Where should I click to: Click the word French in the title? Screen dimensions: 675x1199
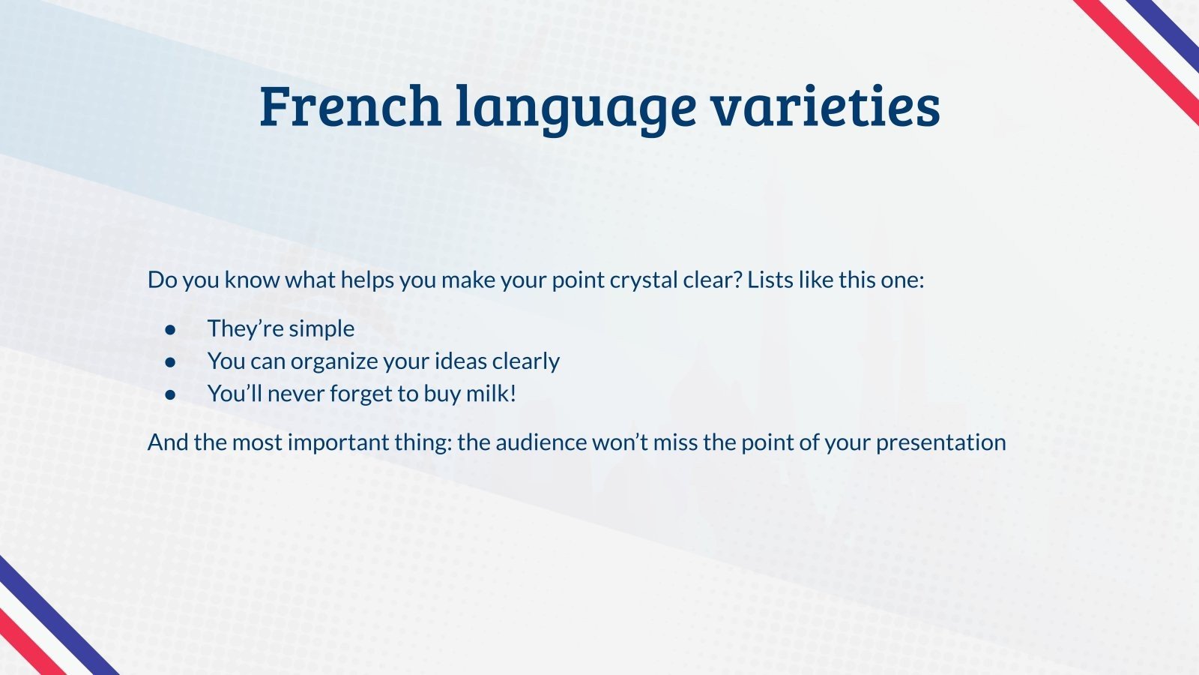point(350,106)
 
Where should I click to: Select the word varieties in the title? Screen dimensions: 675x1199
point(825,106)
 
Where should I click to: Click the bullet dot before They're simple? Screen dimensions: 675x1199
point(171,329)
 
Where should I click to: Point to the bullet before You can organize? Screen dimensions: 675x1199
point(171,361)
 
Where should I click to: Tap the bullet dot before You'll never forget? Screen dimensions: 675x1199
point(171,394)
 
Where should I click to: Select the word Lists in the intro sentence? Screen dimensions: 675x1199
point(770,280)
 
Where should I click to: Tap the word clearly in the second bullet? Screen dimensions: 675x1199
point(525,361)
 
